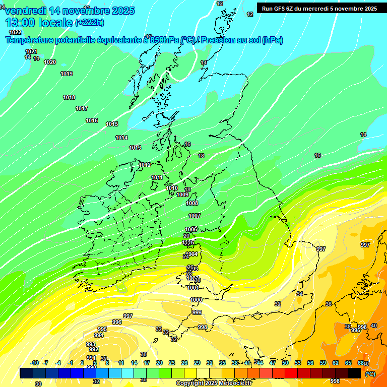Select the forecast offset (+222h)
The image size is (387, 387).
(89, 23)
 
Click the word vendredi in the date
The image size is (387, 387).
(26, 11)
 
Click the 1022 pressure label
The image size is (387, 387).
(15, 32)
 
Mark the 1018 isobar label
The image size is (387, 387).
(69, 97)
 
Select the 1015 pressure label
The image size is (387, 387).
(112, 124)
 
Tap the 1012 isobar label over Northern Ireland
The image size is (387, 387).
(145, 165)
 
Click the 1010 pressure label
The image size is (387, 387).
(172, 188)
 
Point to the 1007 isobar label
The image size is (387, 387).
(195, 216)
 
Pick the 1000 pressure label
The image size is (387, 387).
(196, 300)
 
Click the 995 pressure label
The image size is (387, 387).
(102, 329)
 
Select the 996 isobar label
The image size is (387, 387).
(116, 322)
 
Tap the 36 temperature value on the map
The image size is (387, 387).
(329, 304)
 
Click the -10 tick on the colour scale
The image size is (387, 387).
(34, 363)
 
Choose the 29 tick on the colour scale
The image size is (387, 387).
(197, 363)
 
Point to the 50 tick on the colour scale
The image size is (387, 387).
(285, 363)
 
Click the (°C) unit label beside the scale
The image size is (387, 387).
(370, 374)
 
